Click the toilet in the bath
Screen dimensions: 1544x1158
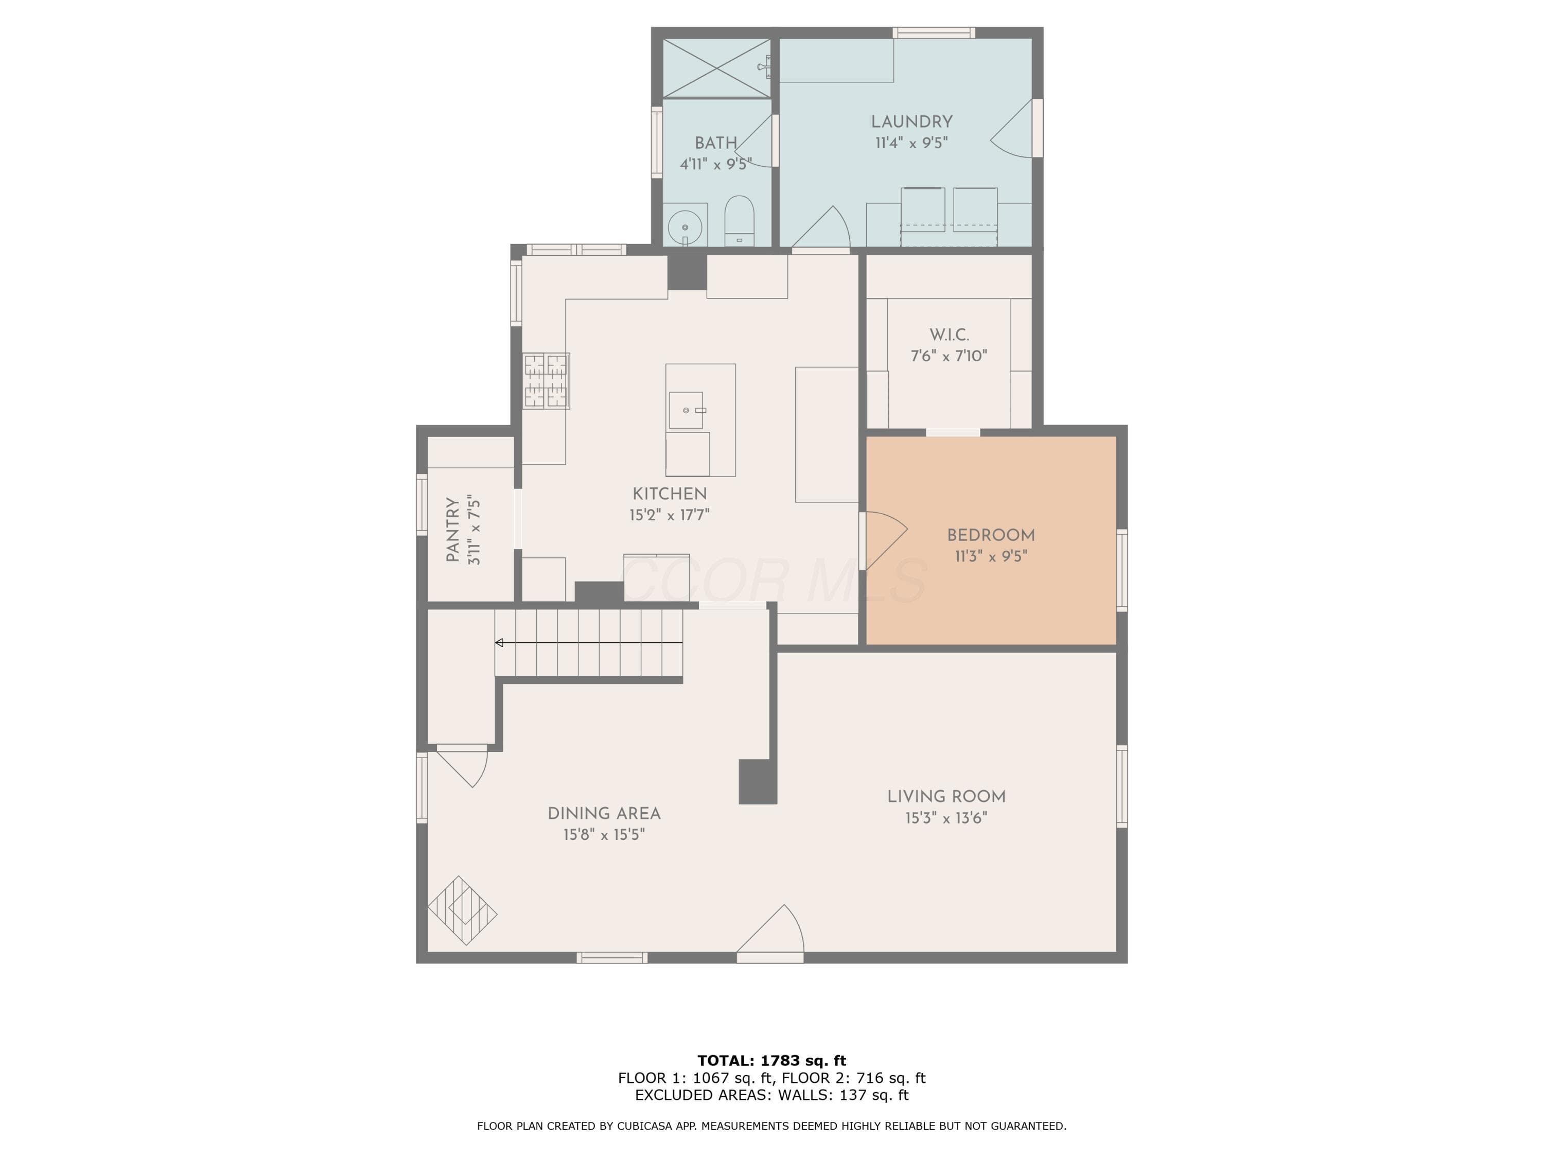pos(739,221)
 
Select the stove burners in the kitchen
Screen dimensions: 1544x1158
pos(547,380)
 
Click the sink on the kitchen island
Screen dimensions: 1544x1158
pos(686,410)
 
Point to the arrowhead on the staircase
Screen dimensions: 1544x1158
pos(499,642)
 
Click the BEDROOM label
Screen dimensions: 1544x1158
pos(991,535)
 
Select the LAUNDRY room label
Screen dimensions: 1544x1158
pos(911,121)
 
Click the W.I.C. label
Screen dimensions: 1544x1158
pos(949,335)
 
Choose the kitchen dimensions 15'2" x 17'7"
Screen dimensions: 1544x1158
pos(670,515)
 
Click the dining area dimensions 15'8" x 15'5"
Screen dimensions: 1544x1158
pos(604,835)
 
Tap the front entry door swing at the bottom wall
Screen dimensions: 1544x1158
pos(770,929)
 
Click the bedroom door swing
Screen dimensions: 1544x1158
pos(884,541)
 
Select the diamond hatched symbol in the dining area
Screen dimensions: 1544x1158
pos(462,911)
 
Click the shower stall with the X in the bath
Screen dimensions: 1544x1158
pos(716,68)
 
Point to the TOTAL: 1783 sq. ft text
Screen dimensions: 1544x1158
pos(772,1061)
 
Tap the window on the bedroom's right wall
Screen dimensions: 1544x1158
pos(1121,570)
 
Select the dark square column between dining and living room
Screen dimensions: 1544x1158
pos(758,782)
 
